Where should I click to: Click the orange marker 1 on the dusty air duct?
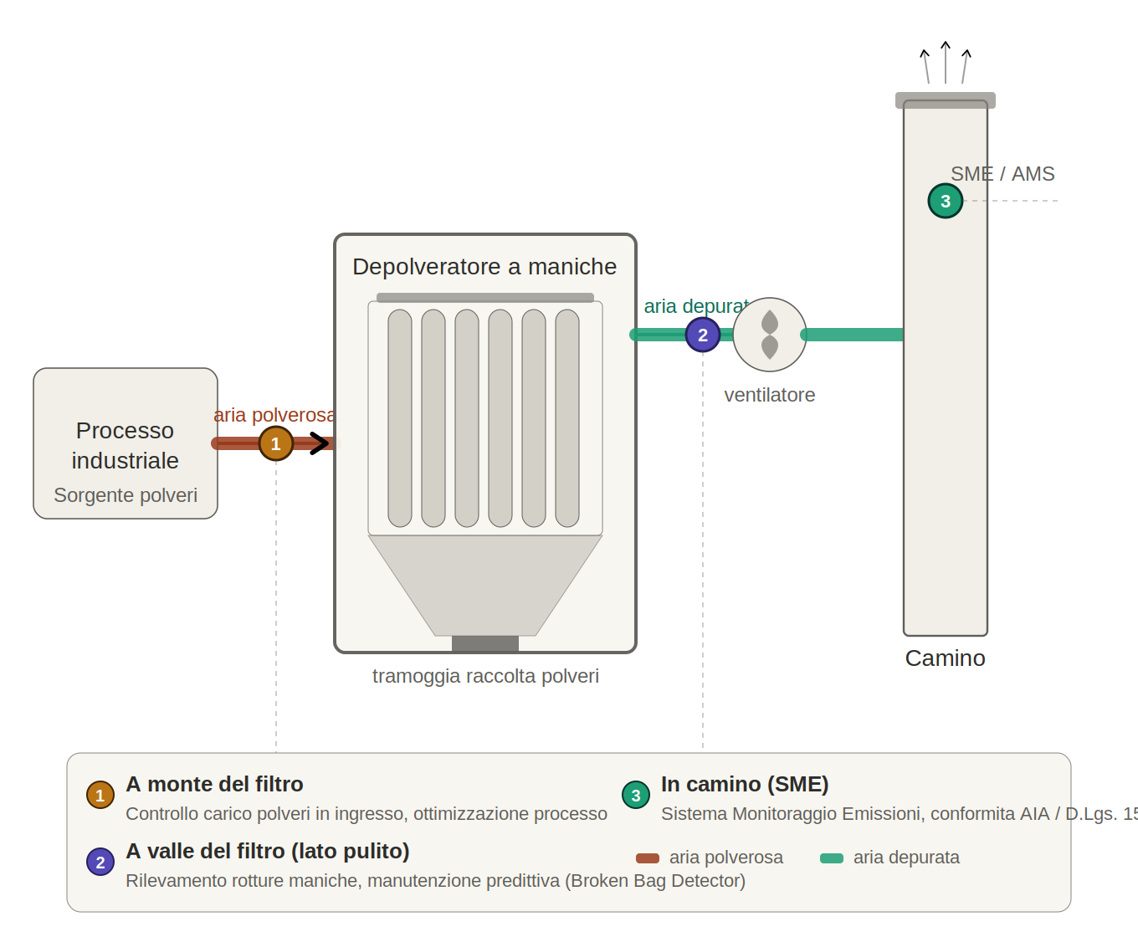tap(275, 443)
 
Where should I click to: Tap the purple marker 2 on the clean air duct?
tap(703, 335)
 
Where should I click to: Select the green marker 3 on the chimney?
tap(946, 201)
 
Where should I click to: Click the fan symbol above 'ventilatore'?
tap(770, 335)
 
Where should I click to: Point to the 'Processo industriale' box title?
tap(125, 445)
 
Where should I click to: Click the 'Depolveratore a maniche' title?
tap(484, 267)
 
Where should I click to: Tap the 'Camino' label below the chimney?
tap(945, 658)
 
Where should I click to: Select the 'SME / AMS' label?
tap(1002, 174)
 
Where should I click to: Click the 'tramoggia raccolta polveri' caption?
tap(485, 676)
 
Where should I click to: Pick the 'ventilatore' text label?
tap(769, 395)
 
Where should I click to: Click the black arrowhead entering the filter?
tap(320, 443)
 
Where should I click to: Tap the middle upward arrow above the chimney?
tap(946, 62)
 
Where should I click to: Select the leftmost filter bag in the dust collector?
tap(400, 418)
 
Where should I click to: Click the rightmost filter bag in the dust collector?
tap(567, 418)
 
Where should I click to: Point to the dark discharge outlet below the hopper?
tap(485, 643)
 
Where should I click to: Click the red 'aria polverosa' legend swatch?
tap(648, 858)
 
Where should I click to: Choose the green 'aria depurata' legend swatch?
tap(832, 858)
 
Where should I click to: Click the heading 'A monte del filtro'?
tap(214, 784)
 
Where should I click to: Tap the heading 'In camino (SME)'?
tap(745, 784)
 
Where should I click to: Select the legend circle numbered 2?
tap(100, 862)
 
